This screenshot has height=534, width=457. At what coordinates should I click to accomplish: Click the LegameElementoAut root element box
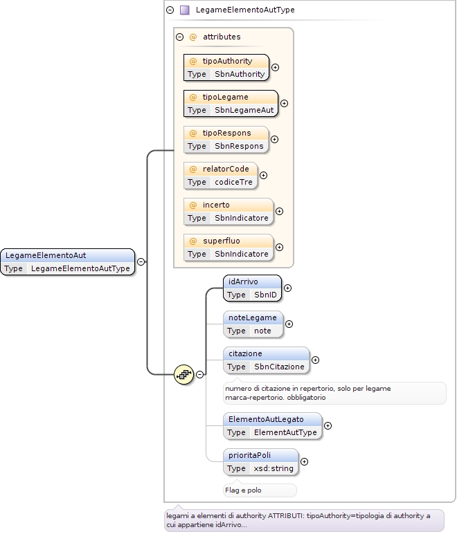[x=67, y=262]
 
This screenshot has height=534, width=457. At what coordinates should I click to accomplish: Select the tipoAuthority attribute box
[x=226, y=67]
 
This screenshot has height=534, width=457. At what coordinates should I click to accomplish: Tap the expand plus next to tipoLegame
[x=284, y=103]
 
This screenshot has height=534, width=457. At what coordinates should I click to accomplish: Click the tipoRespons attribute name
[x=226, y=133]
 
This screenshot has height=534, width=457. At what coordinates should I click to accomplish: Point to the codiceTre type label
[x=233, y=182]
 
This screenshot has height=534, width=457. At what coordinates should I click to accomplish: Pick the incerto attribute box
[x=228, y=212]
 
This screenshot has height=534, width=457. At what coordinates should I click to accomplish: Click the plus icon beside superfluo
[x=280, y=247]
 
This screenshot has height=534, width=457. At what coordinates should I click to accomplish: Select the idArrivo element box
[x=252, y=288]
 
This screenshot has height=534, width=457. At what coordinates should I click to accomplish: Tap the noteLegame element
[x=253, y=324]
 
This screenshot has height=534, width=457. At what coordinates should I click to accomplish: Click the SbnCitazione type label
[x=279, y=367]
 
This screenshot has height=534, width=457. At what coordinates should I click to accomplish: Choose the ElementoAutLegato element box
[x=273, y=426]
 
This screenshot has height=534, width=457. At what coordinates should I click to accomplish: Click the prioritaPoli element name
[x=249, y=455]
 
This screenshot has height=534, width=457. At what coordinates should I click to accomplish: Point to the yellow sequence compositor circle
[x=183, y=375]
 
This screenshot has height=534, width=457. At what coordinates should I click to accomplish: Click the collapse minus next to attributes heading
[x=179, y=37]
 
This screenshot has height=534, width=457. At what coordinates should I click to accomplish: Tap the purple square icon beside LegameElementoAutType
[x=185, y=10]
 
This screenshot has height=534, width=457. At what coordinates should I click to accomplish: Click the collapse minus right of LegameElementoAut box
[x=141, y=261]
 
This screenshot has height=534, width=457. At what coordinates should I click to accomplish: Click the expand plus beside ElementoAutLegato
[x=328, y=425]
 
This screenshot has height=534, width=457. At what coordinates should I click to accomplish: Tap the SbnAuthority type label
[x=240, y=74]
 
